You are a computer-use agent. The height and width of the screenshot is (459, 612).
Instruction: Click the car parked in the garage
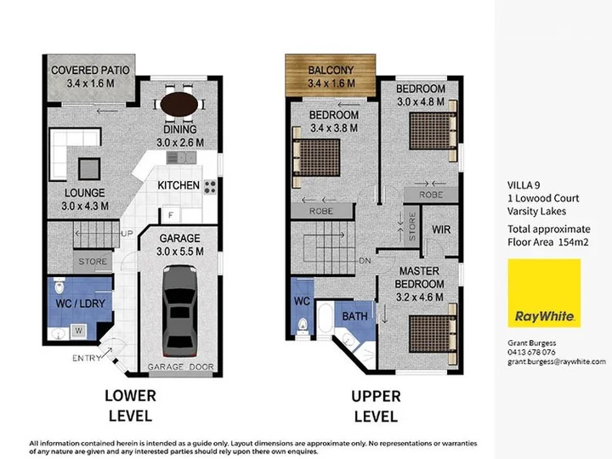click(179, 311)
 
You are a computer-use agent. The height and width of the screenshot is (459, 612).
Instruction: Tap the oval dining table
click(179, 105)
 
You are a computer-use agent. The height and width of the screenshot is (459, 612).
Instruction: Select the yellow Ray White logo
click(544, 292)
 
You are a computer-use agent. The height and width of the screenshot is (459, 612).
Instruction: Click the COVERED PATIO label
click(90, 71)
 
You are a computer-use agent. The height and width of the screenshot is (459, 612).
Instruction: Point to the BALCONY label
click(331, 71)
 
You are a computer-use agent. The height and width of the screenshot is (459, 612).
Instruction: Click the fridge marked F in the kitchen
click(171, 215)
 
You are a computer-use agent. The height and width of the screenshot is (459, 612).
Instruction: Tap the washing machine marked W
click(79, 331)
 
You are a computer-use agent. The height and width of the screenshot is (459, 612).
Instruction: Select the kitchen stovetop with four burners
click(210, 187)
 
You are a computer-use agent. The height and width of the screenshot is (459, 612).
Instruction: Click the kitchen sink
click(182, 157)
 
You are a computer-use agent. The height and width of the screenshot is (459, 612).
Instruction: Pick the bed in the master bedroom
click(433, 334)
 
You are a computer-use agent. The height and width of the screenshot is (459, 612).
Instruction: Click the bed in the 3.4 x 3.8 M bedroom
click(316, 157)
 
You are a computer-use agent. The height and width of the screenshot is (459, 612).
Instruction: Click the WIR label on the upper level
click(441, 229)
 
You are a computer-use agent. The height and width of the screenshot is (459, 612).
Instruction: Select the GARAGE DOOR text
click(181, 367)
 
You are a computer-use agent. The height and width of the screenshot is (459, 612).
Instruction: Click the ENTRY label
click(87, 358)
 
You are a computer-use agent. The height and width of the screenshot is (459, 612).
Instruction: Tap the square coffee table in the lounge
click(89, 168)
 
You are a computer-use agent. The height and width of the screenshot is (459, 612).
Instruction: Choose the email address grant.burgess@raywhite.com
click(557, 362)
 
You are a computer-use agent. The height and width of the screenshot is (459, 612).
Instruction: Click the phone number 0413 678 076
click(531, 352)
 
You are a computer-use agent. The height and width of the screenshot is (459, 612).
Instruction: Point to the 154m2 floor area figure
click(573, 242)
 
